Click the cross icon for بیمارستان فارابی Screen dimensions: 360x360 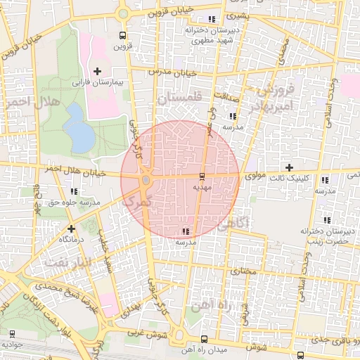tap(97, 71)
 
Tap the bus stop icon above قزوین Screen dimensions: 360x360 tap(123, 35)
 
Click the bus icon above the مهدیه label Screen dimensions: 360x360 tap(202, 175)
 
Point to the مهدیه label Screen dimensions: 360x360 tap(202, 188)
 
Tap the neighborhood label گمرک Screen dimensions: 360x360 tap(136, 200)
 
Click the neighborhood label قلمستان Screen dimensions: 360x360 tap(179, 98)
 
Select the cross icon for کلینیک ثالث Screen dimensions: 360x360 tap(289, 167)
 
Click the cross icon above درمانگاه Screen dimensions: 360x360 tap(71, 229)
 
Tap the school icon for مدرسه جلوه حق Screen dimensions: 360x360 tap(75, 191)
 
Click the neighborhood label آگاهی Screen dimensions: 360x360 tap(233, 224)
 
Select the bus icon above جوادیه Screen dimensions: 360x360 tap(12, 333)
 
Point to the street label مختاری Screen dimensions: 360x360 tap(241, 269)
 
